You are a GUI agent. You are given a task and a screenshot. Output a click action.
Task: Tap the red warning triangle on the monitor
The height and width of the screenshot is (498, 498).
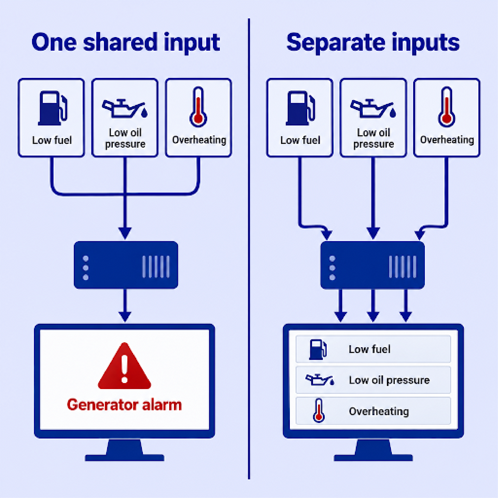click(x=124, y=366)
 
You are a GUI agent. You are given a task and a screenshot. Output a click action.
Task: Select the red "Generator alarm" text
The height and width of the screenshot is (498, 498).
click(x=124, y=405)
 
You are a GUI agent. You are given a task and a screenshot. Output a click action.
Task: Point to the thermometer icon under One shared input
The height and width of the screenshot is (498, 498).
click(x=198, y=107)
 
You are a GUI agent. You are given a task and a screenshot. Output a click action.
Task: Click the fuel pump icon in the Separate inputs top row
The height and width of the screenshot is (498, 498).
click(x=301, y=108)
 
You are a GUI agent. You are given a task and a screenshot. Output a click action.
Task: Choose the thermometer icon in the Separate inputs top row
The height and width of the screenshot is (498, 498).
click(x=446, y=107)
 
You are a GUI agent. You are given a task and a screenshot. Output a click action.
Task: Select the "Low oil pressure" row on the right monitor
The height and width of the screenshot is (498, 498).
click(x=373, y=380)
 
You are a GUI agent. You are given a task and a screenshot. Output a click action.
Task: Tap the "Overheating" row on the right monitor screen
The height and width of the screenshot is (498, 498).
click(x=373, y=411)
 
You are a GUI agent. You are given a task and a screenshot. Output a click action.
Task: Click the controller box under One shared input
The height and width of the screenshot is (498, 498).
click(x=126, y=265)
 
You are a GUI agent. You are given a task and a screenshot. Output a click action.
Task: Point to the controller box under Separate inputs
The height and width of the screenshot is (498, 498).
click(x=373, y=265)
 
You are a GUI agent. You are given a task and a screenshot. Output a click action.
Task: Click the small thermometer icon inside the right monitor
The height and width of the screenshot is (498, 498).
click(x=319, y=411)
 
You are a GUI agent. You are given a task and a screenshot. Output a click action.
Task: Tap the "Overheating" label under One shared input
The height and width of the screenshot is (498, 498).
click(x=199, y=140)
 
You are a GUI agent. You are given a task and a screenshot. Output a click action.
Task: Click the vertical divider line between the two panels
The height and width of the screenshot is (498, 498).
click(x=249, y=249)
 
